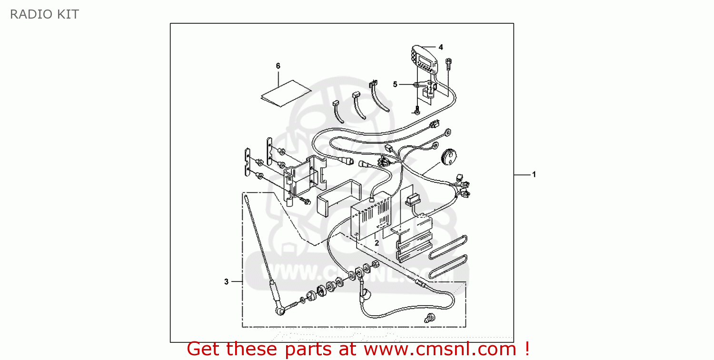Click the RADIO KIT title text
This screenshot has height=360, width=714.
click(x=44, y=14)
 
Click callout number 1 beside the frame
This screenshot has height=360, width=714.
click(x=534, y=174)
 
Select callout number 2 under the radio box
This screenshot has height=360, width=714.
click(x=377, y=243)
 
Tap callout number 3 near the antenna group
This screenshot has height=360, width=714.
click(x=226, y=281)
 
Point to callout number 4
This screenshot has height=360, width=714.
click(x=441, y=47)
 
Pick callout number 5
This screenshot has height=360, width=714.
click(x=395, y=84)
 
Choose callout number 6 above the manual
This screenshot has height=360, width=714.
click(x=278, y=66)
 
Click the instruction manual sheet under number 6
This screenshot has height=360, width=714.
click(x=286, y=93)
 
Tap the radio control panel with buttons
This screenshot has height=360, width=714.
click(x=424, y=60)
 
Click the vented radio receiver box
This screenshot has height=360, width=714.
click(x=371, y=216)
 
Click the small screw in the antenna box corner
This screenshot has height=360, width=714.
click(x=430, y=318)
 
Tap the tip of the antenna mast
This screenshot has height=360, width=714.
click(x=246, y=197)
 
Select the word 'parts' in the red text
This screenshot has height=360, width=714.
click(x=308, y=349)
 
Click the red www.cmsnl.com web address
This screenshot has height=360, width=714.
click(x=440, y=349)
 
